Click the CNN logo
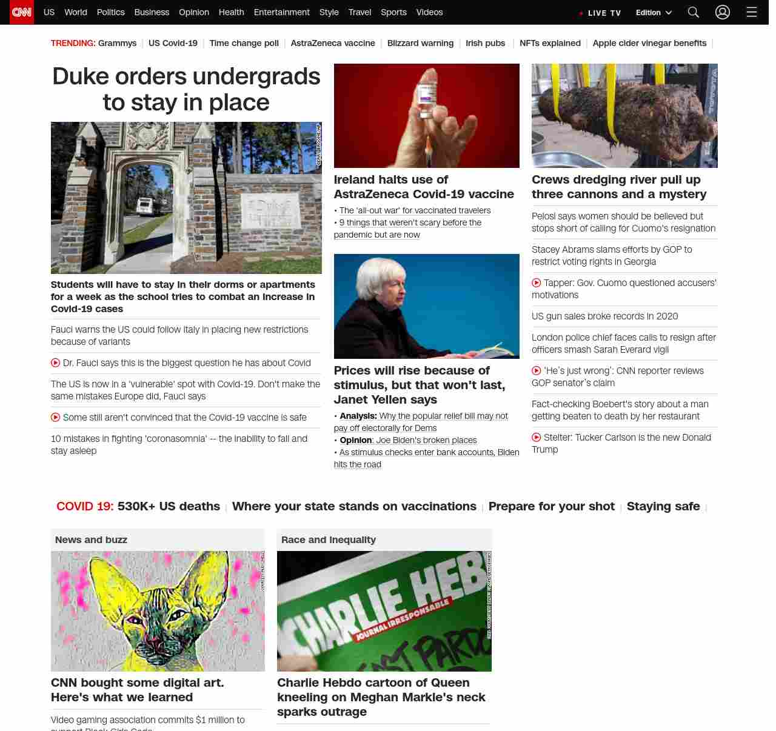22,12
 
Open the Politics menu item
110,12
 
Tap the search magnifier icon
694,12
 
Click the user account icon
722,12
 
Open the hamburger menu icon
752,12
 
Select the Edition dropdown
654,13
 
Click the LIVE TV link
601,13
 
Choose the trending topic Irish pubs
485,43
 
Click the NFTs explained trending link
550,43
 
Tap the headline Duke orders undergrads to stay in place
186,89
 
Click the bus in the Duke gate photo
145,206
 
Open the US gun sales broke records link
604,316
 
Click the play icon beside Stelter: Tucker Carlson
537,438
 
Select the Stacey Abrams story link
611,255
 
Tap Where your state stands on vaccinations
354,506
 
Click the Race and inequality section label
329,539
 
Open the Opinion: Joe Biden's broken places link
408,440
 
